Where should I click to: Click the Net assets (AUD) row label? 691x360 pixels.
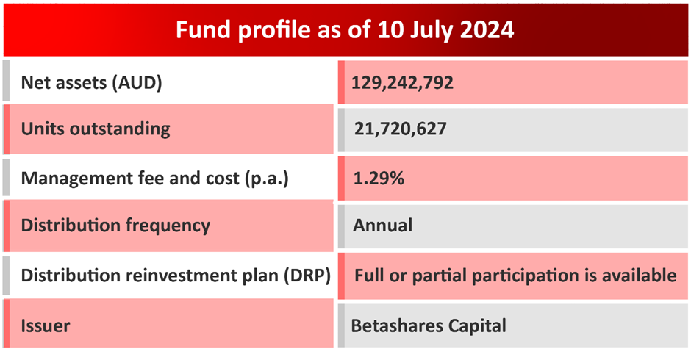[x=91, y=82]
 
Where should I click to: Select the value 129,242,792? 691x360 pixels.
[x=402, y=82]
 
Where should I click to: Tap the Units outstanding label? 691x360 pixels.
[x=96, y=129]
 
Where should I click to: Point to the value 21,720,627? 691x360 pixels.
[x=400, y=129]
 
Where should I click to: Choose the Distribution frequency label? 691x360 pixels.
[x=115, y=226]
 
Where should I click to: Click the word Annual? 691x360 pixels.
[x=382, y=226]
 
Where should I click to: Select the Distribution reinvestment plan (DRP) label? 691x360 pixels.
[x=175, y=276]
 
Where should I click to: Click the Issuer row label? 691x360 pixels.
[x=46, y=325]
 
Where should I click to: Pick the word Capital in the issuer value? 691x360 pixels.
[x=476, y=325]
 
